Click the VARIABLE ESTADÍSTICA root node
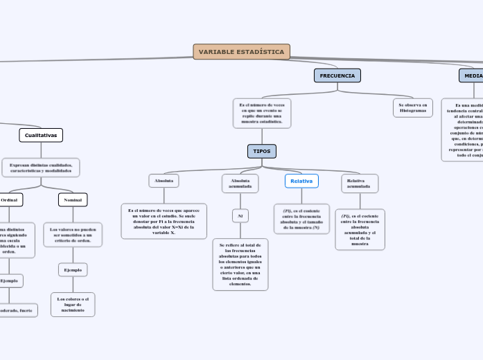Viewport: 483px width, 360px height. point(241,52)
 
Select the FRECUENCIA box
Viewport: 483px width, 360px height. point(337,75)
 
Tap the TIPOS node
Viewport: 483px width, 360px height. point(261,151)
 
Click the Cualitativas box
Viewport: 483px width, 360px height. point(41,135)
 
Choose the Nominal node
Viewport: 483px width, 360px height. point(73,200)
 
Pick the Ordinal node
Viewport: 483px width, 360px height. point(10,200)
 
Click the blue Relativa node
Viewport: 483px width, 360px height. point(301,181)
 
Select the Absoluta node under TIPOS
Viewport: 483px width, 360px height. point(164,181)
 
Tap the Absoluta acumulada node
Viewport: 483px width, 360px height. point(240,183)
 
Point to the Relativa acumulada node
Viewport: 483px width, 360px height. point(358,183)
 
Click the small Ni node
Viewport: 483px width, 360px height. point(240,216)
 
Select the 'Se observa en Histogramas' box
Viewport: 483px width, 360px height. point(413,108)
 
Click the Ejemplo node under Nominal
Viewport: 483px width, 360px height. point(73,269)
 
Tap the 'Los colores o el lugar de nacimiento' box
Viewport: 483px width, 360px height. point(73,305)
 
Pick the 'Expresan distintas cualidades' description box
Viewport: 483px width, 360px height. point(41,168)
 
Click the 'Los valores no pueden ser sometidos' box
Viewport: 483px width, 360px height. point(73,235)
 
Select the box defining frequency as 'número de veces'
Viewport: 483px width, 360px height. point(261,114)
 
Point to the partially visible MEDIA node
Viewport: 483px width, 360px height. point(473,75)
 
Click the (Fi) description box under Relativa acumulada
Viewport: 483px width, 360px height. point(360,229)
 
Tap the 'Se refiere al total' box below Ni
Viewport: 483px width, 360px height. point(240,264)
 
